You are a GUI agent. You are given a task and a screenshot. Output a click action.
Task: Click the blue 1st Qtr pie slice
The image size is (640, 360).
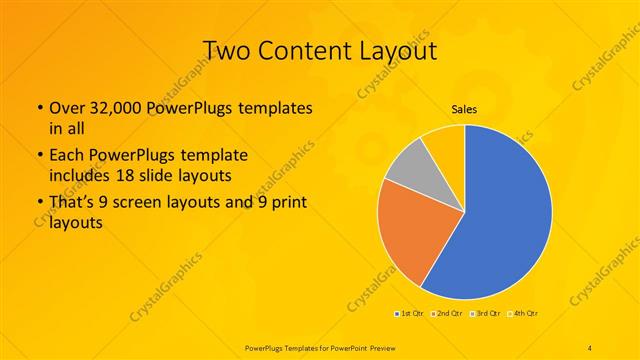coord(500,220)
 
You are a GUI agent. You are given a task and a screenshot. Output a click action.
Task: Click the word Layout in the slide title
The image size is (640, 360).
coord(398,51)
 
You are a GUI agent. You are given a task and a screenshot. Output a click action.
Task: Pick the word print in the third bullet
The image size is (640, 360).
coord(290,205)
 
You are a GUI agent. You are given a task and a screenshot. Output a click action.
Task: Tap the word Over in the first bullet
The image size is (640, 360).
coord(66,108)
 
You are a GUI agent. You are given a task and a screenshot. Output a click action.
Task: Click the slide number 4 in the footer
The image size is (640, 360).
coord(591,346)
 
